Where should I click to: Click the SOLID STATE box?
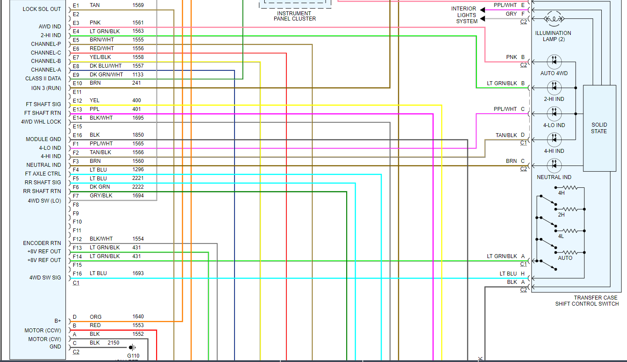(x=599, y=128)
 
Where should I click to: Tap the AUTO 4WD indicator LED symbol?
(x=554, y=62)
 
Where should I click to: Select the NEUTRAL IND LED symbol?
(x=554, y=165)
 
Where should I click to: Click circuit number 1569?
(x=138, y=5)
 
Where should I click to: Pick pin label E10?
(x=77, y=83)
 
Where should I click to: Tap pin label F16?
(x=77, y=273)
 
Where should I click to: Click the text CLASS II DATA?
(x=43, y=79)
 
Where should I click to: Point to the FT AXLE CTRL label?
(x=43, y=174)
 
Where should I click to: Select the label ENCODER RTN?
(x=42, y=243)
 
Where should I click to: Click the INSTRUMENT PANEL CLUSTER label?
(x=295, y=16)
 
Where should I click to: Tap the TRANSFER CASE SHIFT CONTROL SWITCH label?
(x=587, y=301)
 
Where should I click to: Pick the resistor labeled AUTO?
(x=571, y=252)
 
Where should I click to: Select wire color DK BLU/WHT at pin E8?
(x=106, y=66)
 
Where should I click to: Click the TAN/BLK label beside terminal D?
(x=506, y=135)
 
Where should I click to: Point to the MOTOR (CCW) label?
(x=43, y=331)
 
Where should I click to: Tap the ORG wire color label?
(x=95, y=317)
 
